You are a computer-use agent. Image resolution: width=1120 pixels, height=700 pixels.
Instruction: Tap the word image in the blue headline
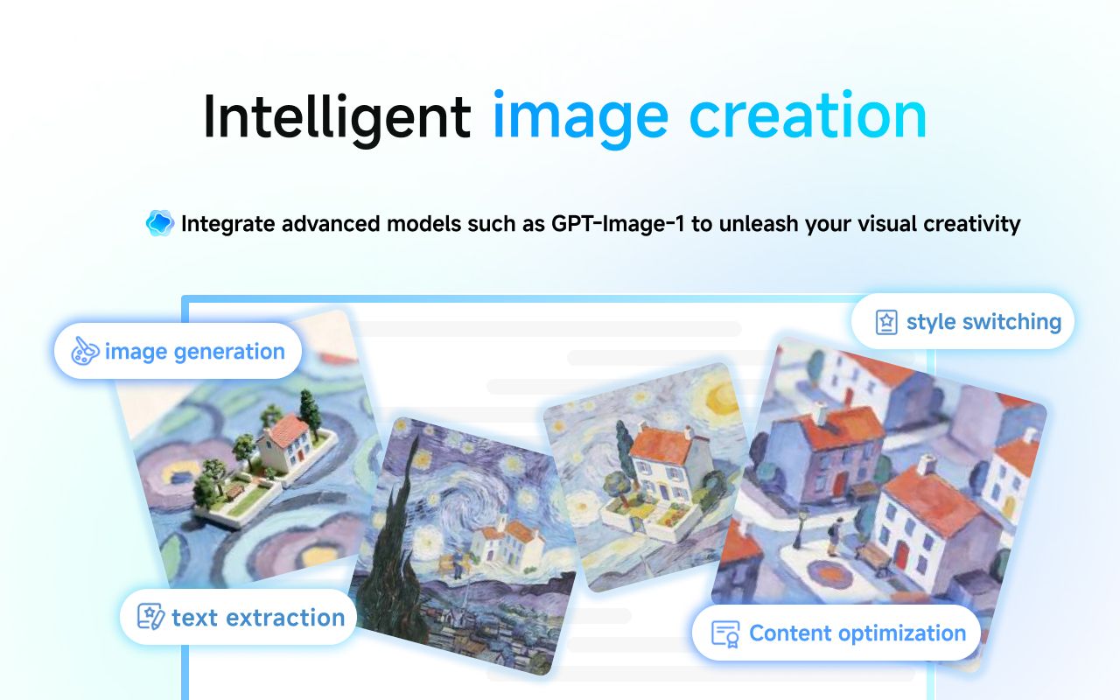(580, 119)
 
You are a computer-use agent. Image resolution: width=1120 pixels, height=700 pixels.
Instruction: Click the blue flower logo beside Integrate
(160, 223)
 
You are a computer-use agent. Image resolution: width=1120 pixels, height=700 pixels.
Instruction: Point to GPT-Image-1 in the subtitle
(618, 223)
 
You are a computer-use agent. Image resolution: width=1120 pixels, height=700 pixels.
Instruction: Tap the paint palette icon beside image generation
(85, 351)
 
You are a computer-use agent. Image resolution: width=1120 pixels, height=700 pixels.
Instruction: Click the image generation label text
(195, 352)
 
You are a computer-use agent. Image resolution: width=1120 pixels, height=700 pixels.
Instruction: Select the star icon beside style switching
(886, 322)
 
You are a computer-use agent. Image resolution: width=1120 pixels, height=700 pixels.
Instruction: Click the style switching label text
(984, 322)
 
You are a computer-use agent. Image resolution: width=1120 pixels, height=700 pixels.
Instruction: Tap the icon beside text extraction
(150, 617)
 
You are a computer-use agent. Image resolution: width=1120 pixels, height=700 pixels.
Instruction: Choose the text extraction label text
(258, 618)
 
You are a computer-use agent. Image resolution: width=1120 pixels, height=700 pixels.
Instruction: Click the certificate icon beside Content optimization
(725, 634)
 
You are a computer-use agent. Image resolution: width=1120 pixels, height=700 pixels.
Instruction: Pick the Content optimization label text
(857, 633)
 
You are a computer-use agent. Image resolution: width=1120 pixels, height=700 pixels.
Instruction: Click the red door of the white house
(902, 555)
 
